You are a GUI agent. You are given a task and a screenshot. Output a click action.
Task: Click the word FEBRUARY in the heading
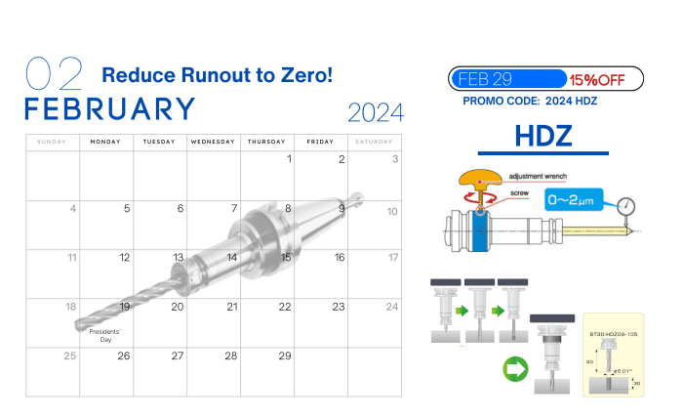coord(109,108)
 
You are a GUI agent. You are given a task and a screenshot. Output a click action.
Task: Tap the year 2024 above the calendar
coord(375,113)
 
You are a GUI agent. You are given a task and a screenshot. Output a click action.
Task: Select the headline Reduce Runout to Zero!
coord(217,75)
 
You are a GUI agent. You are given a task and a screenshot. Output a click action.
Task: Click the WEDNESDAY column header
coord(213,142)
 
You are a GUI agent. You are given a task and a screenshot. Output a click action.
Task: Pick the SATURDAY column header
coord(374,142)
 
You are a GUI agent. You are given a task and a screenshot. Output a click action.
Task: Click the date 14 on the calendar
coord(231,258)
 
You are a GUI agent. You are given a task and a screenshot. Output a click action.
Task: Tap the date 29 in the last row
coord(284,355)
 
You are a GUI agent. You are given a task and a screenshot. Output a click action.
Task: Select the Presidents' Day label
coord(105,336)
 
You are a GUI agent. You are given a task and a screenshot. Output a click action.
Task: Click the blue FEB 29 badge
coord(506,79)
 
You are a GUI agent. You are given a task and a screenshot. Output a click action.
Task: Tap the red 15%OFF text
coord(598,79)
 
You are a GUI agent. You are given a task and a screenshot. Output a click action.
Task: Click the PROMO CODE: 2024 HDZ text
coord(530,101)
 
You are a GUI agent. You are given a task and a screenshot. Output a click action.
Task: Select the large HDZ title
coord(542,136)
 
